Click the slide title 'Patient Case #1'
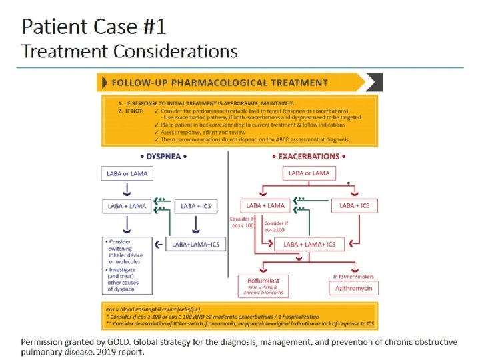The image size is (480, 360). [94, 27]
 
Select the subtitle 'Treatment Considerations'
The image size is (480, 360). [129, 51]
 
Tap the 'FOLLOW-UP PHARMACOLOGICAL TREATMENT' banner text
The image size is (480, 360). [219, 83]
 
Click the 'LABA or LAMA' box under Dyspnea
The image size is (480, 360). [126, 175]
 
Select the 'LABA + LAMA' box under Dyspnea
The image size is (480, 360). [126, 206]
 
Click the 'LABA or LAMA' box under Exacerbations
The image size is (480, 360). [309, 173]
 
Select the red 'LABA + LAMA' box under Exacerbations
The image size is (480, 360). [263, 206]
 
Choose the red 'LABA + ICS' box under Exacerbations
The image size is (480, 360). [354, 206]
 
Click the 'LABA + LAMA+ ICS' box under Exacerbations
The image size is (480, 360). [309, 245]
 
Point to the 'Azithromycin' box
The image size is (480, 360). [354, 289]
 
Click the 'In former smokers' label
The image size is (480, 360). [354, 276]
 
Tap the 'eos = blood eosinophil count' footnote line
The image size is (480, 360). [151, 310]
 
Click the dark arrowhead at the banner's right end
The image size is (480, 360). [375, 83]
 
